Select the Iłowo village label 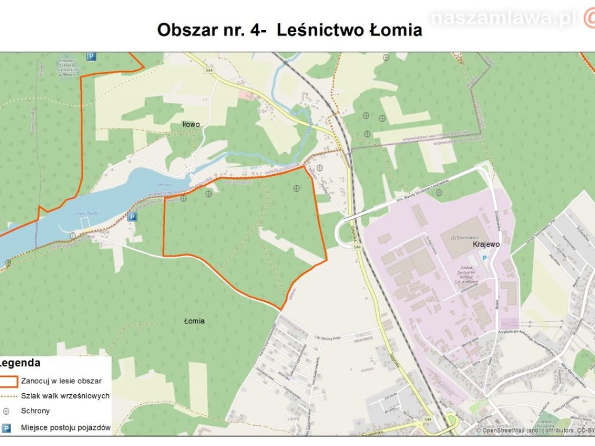[x=191, y=124]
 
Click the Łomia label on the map [x=194, y=321]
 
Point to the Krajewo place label [x=486, y=244]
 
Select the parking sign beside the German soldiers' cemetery [x=91, y=56]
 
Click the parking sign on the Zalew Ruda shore [x=132, y=217]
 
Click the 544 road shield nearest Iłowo [x=209, y=71]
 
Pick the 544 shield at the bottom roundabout [x=428, y=419]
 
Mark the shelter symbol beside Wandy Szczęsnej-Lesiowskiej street [x=439, y=192]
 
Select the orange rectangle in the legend [x=9, y=381]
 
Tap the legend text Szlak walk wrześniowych [x=65, y=396]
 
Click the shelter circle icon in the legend [x=7, y=411]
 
